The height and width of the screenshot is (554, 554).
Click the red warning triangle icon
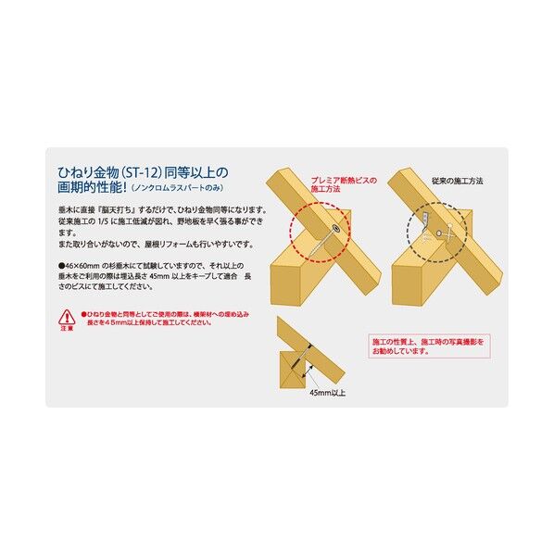coord(67,318)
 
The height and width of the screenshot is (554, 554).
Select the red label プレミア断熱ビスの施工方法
coord(343,186)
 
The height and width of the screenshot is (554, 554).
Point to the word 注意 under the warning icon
coord(67,329)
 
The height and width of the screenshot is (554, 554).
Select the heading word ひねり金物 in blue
coord(84,172)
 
